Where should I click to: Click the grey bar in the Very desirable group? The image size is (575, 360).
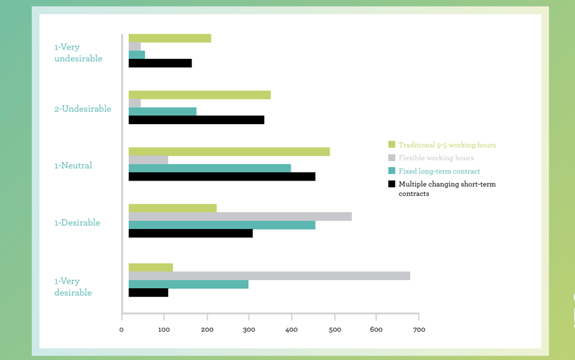(x=269, y=276)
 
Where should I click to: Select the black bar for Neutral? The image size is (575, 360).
(x=222, y=177)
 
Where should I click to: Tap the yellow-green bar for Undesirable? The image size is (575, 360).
(x=200, y=95)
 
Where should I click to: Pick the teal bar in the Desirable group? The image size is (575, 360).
(x=222, y=225)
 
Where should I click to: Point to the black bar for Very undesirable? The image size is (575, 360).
(x=160, y=63)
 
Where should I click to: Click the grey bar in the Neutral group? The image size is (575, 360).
(x=148, y=160)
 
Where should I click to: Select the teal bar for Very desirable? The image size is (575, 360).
(x=189, y=284)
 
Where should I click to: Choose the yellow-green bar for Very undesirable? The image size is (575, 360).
(x=170, y=38)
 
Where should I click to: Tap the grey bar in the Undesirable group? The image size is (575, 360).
(x=135, y=103)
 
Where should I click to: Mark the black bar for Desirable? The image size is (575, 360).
(x=190, y=233)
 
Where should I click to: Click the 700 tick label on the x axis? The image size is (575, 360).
(x=419, y=330)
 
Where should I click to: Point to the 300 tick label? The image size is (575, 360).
(x=249, y=330)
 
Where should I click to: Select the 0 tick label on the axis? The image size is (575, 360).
(x=122, y=330)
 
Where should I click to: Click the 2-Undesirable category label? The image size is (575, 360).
(x=82, y=109)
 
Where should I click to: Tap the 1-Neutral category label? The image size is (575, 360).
(x=73, y=165)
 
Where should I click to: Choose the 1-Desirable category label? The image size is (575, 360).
(x=77, y=222)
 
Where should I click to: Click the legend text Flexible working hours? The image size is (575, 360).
(x=436, y=158)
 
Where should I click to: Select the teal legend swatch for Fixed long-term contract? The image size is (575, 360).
(x=391, y=171)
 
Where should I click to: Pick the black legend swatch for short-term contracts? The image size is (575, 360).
(x=391, y=184)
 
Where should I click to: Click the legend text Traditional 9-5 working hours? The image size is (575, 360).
(x=447, y=145)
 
